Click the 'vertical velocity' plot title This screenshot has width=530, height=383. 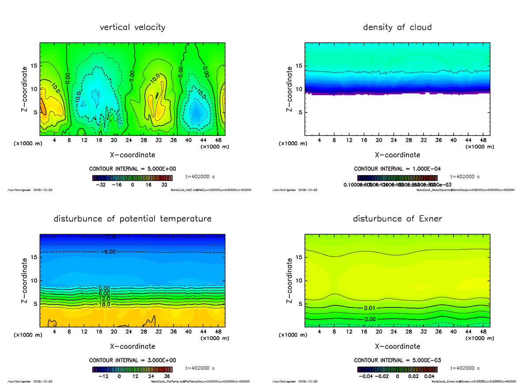pyautogui.click(x=132, y=27)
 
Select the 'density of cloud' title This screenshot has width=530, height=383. pyautogui.click(x=397, y=27)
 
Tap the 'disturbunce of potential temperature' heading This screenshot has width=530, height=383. pyautogui.click(x=132, y=219)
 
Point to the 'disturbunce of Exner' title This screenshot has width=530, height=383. pyautogui.click(x=397, y=219)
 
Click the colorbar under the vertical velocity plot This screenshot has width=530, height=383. pyautogui.click(x=132, y=178)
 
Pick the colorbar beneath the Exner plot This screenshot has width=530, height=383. pyautogui.click(x=397, y=369)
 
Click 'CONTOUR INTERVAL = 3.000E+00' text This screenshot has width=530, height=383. pyautogui.click(x=132, y=360)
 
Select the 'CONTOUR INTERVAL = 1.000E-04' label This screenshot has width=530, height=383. pyautogui.click(x=397, y=169)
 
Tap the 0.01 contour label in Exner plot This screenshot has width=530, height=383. pyautogui.click(x=370, y=308)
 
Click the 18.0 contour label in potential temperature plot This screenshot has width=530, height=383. pyautogui.click(x=104, y=304)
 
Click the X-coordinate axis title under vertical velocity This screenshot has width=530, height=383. pyautogui.click(x=132, y=155)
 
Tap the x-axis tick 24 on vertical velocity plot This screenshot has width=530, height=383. pyautogui.click(x=129, y=140)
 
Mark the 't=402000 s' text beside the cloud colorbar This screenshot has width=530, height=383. pyautogui.click(x=465, y=176)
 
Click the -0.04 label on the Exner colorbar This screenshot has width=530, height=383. pyautogui.click(x=364, y=376)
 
